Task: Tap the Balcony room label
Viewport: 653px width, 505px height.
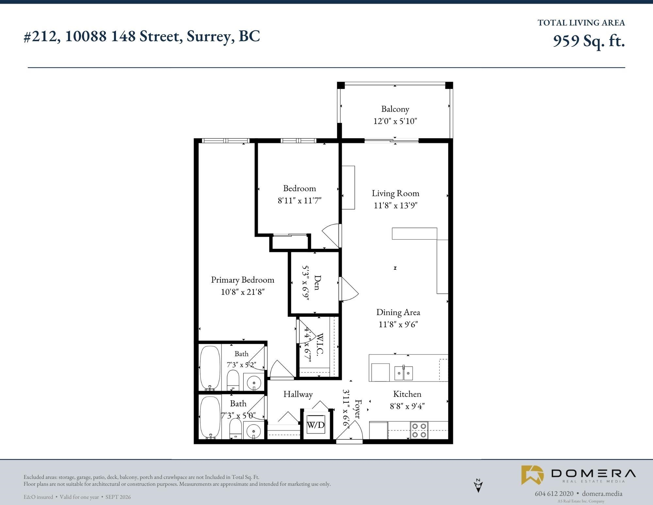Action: coord(395,109)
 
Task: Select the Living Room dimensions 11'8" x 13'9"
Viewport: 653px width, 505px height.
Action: coord(396,205)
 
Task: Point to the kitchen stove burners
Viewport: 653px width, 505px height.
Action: coord(419,430)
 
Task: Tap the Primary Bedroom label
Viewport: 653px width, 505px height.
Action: coord(242,280)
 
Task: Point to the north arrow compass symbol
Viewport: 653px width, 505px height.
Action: coord(478,485)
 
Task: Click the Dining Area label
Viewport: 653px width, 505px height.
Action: coord(398,312)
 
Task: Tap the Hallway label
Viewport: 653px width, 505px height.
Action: coord(298,395)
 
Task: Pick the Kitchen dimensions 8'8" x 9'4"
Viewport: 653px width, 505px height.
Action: coord(407,406)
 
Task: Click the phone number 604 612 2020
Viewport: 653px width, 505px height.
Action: coord(554,494)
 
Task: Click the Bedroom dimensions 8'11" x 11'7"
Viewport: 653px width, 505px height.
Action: coord(300,200)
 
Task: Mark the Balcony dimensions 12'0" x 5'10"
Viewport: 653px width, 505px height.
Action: coord(395,121)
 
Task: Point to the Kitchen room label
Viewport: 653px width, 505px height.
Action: coord(407,394)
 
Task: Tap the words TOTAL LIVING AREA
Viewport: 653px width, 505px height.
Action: coord(581,23)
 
